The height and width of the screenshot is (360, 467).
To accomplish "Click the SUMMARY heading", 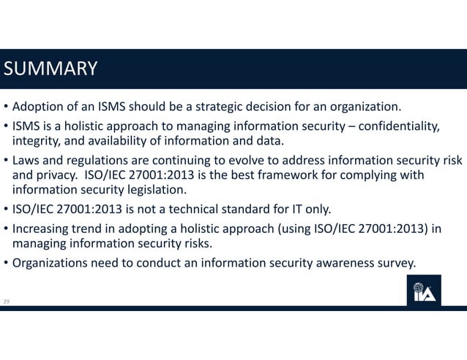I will tap(51, 69).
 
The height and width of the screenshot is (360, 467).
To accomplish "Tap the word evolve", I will tap(250, 161).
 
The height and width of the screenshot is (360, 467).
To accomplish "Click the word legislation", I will tap(152, 191).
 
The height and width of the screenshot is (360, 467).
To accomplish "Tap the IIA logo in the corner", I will tap(424, 291).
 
